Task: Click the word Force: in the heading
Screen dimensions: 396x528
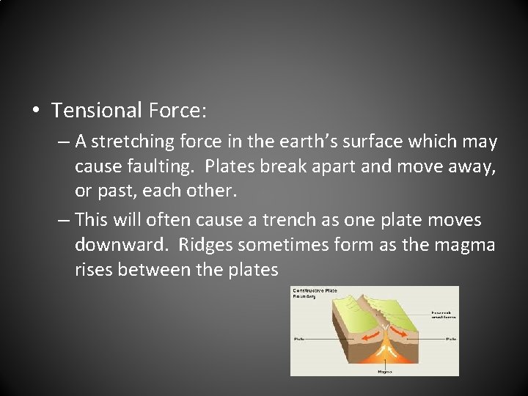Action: coord(177,111)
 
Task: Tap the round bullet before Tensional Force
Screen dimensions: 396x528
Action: coord(36,111)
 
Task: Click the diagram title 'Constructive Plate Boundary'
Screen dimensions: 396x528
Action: coord(315,293)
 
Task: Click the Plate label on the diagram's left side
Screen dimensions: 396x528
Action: coord(298,339)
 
